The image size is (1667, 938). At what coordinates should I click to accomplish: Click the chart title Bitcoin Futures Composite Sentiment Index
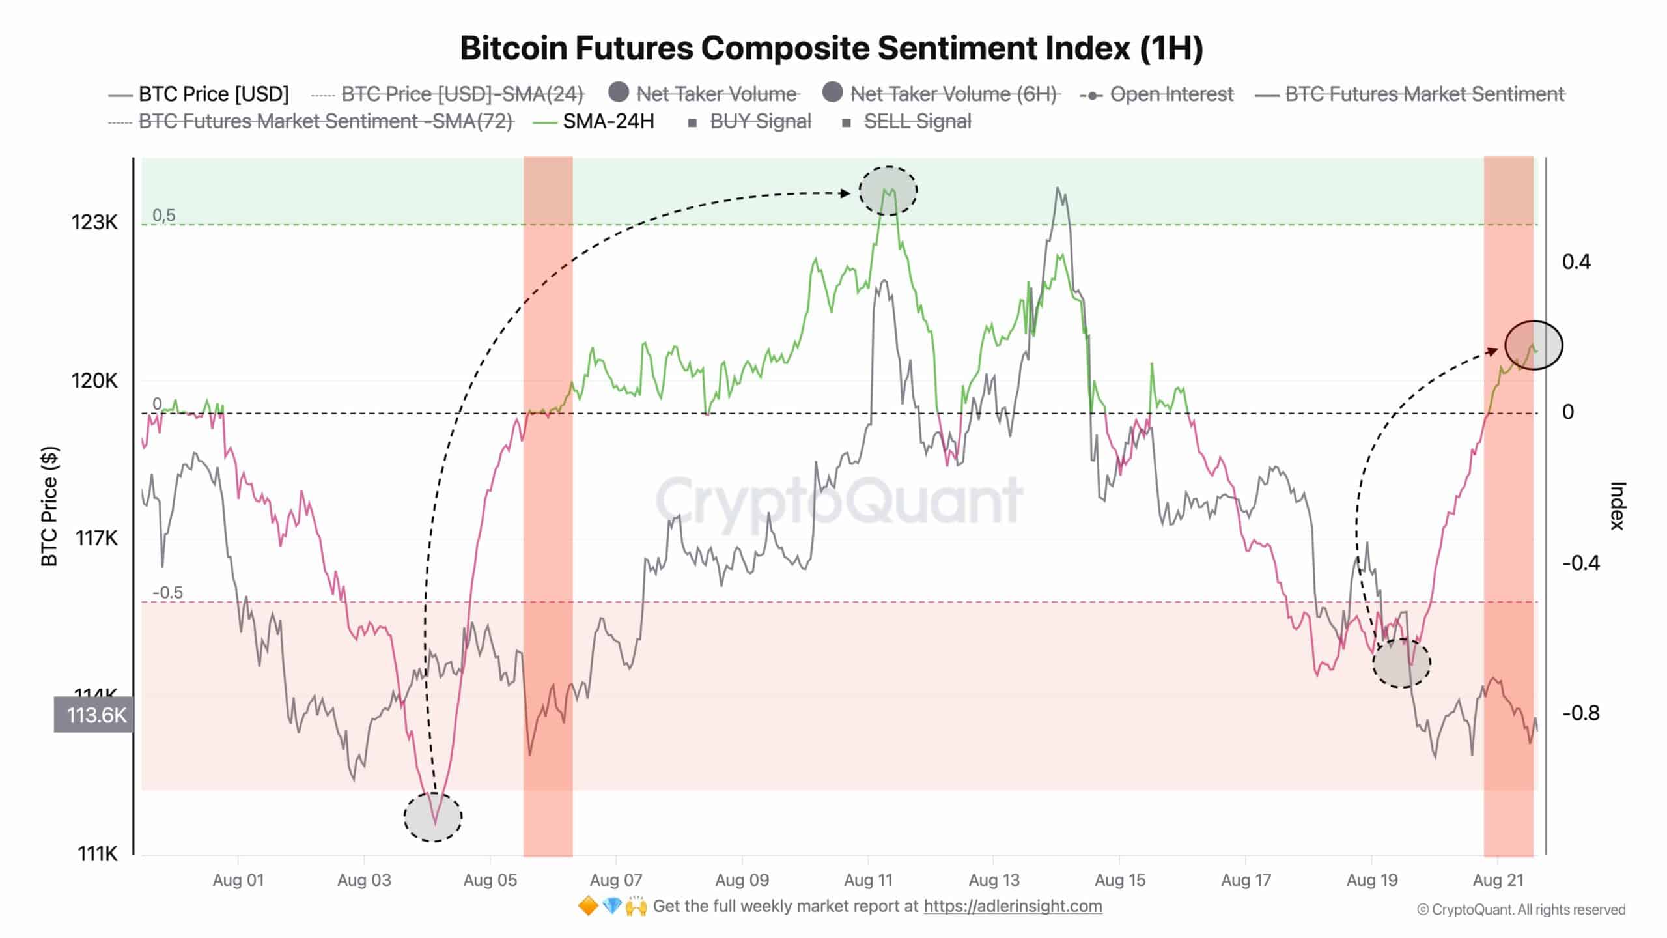click(x=832, y=48)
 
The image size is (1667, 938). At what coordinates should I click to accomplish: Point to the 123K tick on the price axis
click(x=94, y=223)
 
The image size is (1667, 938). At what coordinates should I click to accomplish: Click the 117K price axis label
click(x=96, y=538)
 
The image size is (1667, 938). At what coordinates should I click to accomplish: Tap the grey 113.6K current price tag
click(x=95, y=715)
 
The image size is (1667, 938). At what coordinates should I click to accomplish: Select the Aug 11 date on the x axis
click(x=868, y=881)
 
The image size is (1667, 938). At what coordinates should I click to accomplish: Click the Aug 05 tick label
click(x=490, y=881)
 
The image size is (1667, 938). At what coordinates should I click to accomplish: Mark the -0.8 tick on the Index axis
click(x=1580, y=713)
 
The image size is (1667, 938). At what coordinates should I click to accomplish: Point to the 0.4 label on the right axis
click(x=1576, y=262)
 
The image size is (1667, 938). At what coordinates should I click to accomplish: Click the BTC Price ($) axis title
click(x=49, y=506)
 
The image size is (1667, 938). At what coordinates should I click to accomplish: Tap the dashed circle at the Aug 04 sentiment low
click(x=433, y=817)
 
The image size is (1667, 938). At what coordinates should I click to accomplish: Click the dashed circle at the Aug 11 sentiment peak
click(x=888, y=191)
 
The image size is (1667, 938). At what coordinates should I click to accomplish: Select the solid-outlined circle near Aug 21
click(x=1534, y=345)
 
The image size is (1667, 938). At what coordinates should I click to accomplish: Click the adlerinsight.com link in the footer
click(x=1013, y=906)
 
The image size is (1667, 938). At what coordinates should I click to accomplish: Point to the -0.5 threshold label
click(x=167, y=593)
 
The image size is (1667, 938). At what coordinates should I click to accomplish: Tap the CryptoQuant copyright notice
click(x=1521, y=910)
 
